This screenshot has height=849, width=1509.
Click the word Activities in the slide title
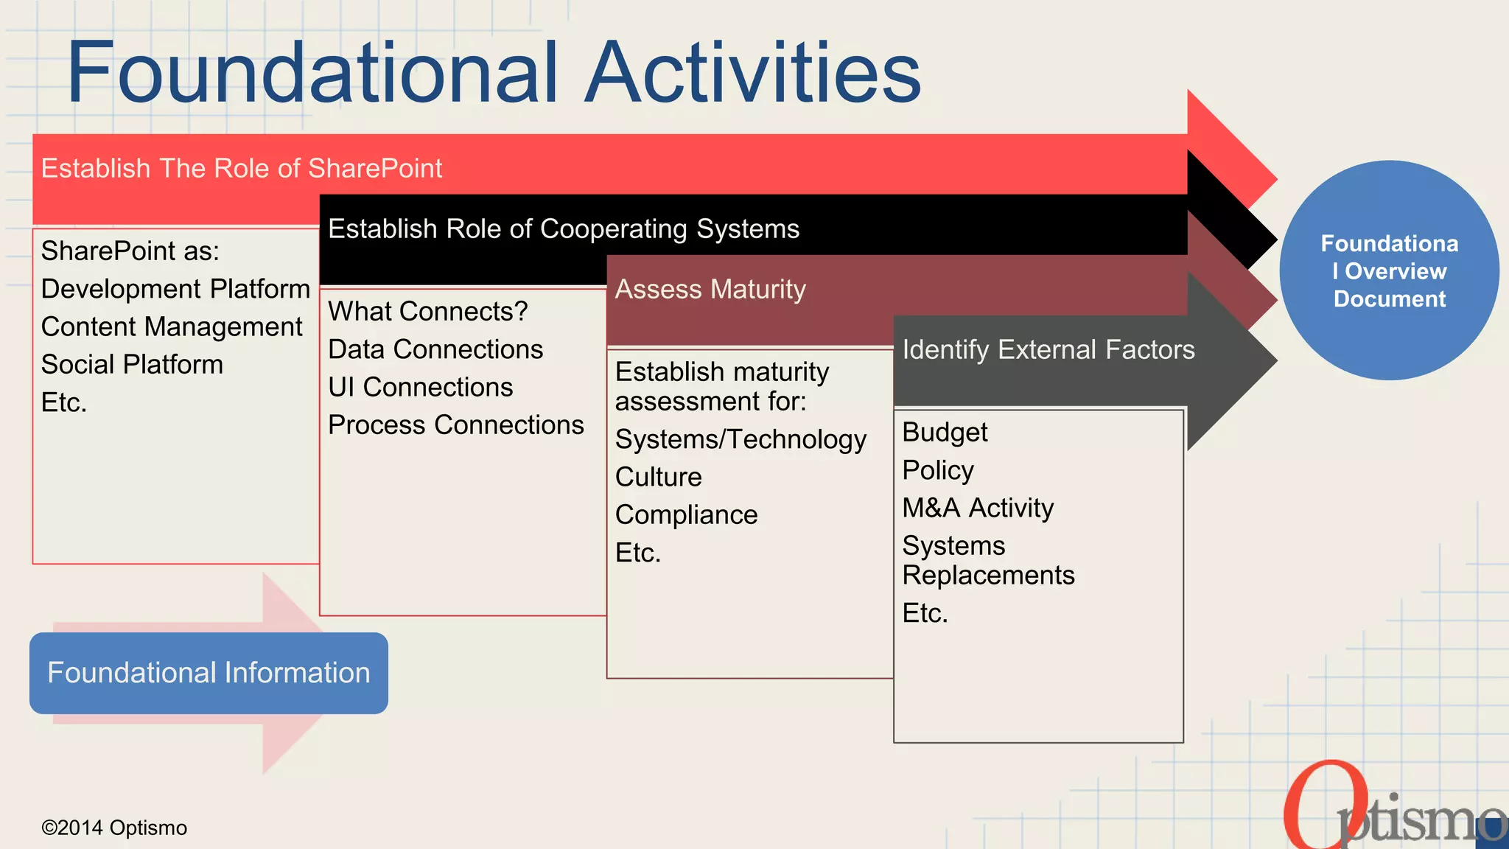(x=753, y=72)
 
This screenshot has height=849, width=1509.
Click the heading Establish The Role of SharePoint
(x=242, y=168)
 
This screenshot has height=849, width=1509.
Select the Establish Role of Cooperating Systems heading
(x=564, y=228)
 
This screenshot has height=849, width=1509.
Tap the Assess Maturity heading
(x=710, y=289)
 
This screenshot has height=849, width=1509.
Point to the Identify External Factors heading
(x=1048, y=349)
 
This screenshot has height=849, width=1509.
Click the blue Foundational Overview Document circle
(x=1389, y=270)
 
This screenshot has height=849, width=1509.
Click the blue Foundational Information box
(x=209, y=673)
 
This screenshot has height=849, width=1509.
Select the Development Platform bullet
(x=175, y=289)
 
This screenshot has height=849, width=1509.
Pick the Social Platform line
(x=132, y=365)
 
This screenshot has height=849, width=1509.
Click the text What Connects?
(x=428, y=312)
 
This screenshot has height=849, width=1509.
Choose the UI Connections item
(x=420, y=388)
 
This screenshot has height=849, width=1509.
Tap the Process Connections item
(x=455, y=425)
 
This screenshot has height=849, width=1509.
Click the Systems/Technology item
(x=741, y=439)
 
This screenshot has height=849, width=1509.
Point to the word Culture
(x=658, y=477)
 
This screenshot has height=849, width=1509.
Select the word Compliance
(x=686, y=515)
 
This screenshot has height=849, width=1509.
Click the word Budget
(x=945, y=433)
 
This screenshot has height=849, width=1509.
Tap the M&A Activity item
(x=978, y=508)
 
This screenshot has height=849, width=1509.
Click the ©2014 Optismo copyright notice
(x=114, y=828)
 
